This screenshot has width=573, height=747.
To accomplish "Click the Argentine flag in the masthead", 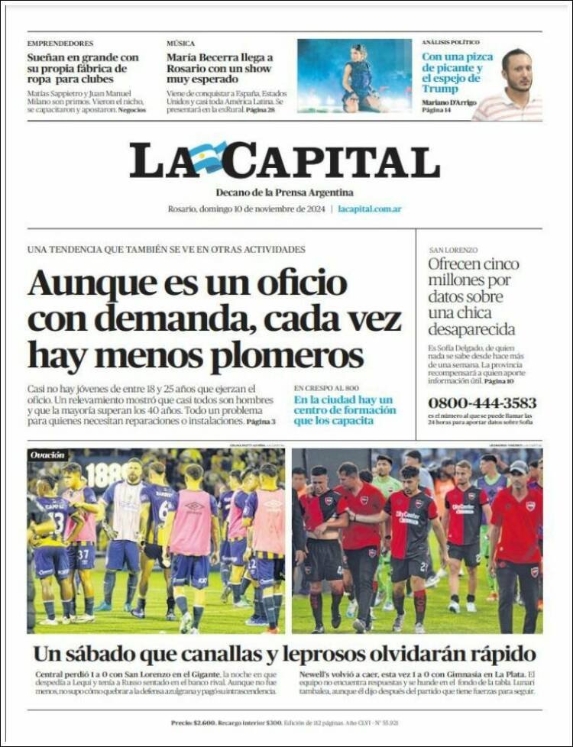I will [x=209, y=157].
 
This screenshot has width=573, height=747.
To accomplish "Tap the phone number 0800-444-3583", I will [x=481, y=403].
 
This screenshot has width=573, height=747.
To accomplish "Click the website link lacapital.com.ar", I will [x=370, y=209].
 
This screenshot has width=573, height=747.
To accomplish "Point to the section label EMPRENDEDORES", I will [x=60, y=44].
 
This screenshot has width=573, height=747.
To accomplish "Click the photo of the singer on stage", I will [x=354, y=76].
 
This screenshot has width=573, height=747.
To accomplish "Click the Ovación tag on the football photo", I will [x=47, y=455].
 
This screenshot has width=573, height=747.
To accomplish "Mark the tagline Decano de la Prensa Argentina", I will [x=284, y=192].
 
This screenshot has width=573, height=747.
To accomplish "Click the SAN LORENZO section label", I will [x=453, y=250].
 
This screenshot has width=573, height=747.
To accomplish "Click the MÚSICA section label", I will [x=181, y=44].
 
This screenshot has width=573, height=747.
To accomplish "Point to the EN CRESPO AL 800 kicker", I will [x=326, y=388].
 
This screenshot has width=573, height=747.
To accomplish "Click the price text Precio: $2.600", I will [x=193, y=723].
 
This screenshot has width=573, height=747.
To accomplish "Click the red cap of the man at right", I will [x=520, y=467].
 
